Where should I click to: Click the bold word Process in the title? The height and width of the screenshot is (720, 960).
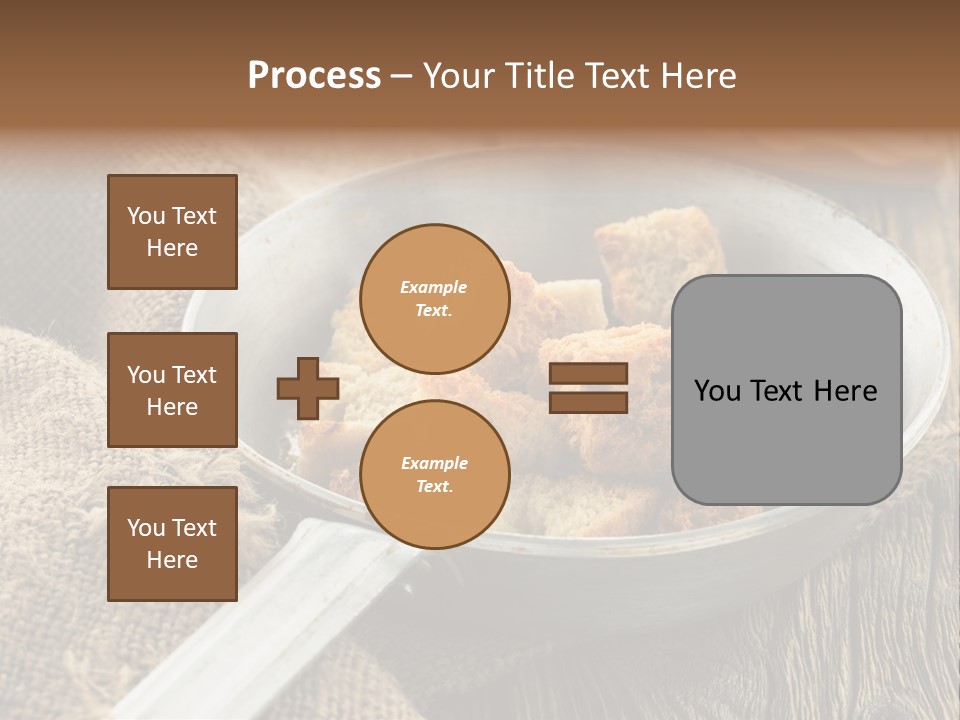click(314, 76)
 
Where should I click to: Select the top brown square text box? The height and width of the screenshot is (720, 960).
click(172, 232)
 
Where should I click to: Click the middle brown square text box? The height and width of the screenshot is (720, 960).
click(172, 390)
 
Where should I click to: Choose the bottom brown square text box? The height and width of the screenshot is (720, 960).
click(172, 544)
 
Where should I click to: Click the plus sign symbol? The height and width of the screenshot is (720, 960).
click(308, 388)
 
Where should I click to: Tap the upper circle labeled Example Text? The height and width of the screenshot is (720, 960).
click(434, 298)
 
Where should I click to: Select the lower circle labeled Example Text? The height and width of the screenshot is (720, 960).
click(434, 475)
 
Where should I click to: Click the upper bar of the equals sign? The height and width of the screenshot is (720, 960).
click(589, 374)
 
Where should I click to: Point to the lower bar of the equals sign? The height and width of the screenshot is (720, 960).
click(589, 402)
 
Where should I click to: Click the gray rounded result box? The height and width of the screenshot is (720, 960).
click(786, 389)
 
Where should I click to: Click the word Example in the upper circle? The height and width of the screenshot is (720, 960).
click(434, 287)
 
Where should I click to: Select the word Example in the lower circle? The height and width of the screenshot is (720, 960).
click(434, 463)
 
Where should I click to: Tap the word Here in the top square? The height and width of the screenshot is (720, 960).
click(172, 248)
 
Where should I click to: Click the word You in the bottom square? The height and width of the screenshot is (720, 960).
click(145, 528)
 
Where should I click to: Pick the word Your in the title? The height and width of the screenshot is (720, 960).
click(460, 76)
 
